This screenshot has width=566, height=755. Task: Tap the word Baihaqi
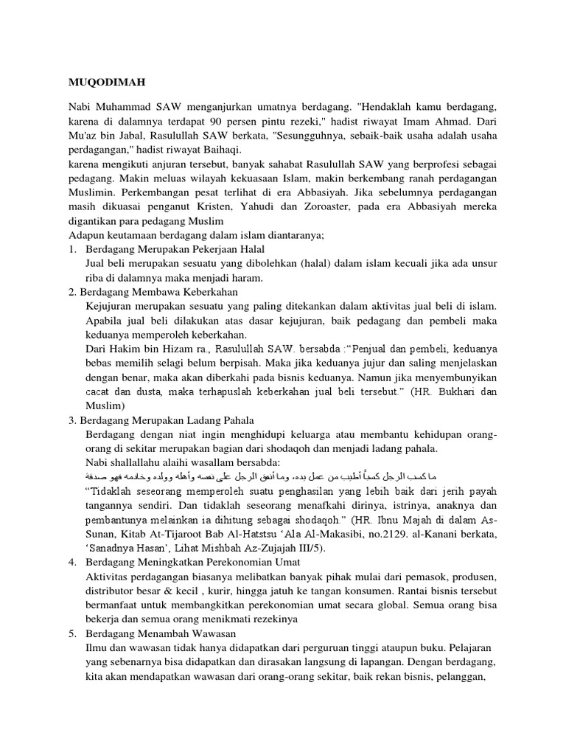pyautogui.click(x=226, y=149)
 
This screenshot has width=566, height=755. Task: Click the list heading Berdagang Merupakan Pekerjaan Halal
pyautogui.click(x=173, y=249)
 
